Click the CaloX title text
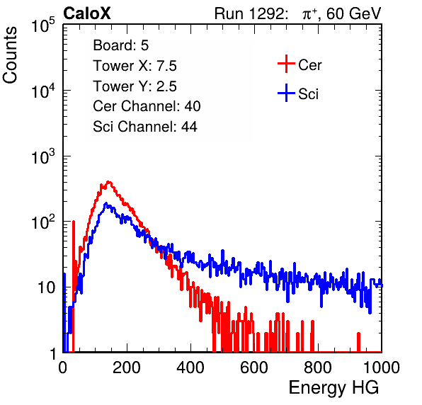[x=86, y=13]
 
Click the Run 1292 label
[x=249, y=13]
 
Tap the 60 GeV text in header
[x=353, y=13]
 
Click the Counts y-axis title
[x=10, y=55]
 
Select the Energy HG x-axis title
[x=333, y=388]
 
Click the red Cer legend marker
[x=286, y=64]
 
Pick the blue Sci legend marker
[x=286, y=93]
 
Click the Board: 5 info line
[x=120, y=45]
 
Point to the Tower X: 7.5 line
[x=135, y=66]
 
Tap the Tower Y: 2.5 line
[x=135, y=86]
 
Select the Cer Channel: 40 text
[x=147, y=106]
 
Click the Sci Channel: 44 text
[x=144, y=127]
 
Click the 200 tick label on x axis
[x=127, y=367]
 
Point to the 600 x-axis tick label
[x=254, y=367]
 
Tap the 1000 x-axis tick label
[x=382, y=367]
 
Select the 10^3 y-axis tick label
[x=43, y=156]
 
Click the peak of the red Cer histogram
[x=108, y=182]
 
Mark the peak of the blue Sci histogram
[x=106, y=203]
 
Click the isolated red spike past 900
[x=358, y=342]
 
